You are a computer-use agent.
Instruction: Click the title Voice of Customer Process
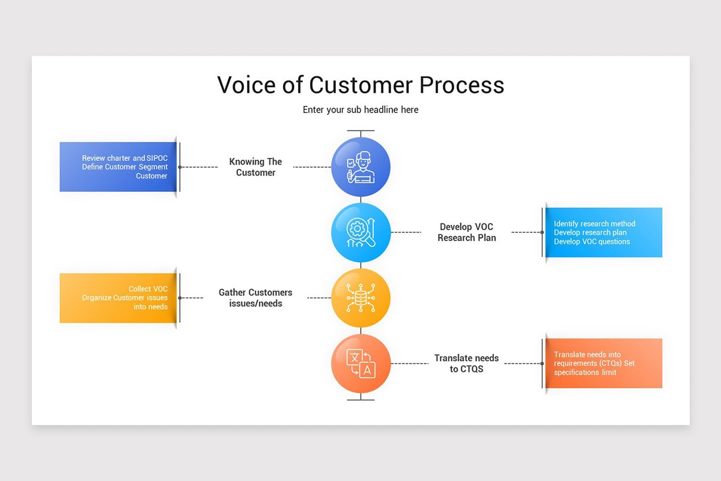pyautogui.click(x=360, y=85)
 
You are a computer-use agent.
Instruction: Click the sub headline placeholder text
pyautogui.click(x=360, y=110)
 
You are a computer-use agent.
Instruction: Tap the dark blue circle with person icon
pyautogui.click(x=360, y=167)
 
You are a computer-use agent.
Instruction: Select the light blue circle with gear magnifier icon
pyautogui.click(x=360, y=232)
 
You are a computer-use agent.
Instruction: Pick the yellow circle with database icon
pyautogui.click(x=360, y=298)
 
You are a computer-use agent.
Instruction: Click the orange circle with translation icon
pyautogui.click(x=360, y=363)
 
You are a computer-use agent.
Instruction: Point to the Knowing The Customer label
pyautogui.click(x=255, y=167)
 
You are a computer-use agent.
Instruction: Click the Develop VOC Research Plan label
pyautogui.click(x=466, y=232)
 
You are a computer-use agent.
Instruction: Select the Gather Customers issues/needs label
pyautogui.click(x=255, y=298)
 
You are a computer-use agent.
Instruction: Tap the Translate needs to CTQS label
pyautogui.click(x=466, y=363)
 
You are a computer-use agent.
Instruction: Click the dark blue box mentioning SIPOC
pyautogui.click(x=118, y=167)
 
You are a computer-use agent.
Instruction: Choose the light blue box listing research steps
pyautogui.click(x=603, y=233)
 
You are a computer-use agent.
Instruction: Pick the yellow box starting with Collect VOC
pyautogui.click(x=118, y=298)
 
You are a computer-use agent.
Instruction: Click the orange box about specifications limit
pyautogui.click(x=603, y=363)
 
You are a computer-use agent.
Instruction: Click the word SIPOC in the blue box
pyautogui.click(x=157, y=158)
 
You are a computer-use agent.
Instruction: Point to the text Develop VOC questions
pyautogui.click(x=592, y=242)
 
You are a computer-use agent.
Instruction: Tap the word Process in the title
pyautogui.click(x=461, y=85)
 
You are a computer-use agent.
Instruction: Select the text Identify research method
pyautogui.click(x=594, y=224)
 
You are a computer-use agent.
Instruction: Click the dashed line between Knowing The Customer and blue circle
pyautogui.click(x=312, y=167)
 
